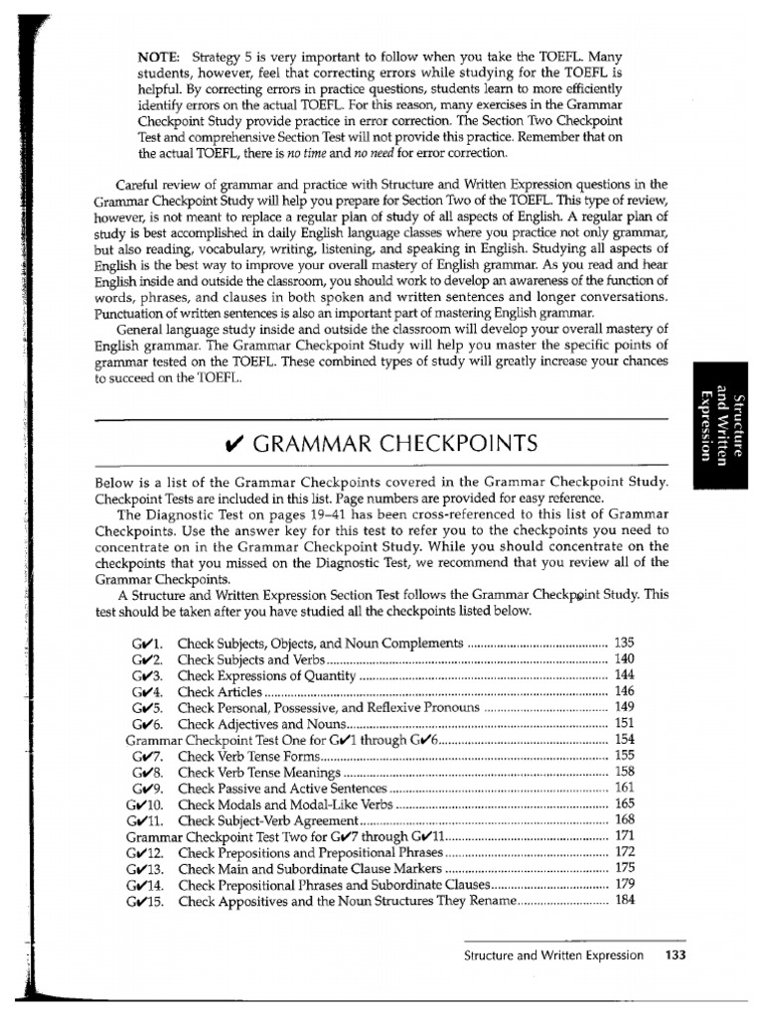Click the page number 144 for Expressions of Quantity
point(625,675)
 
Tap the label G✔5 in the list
point(146,708)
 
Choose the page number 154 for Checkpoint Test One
point(625,740)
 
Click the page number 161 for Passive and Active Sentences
point(625,788)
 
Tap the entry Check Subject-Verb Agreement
point(266,820)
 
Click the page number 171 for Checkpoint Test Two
point(625,836)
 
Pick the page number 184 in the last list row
point(625,901)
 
